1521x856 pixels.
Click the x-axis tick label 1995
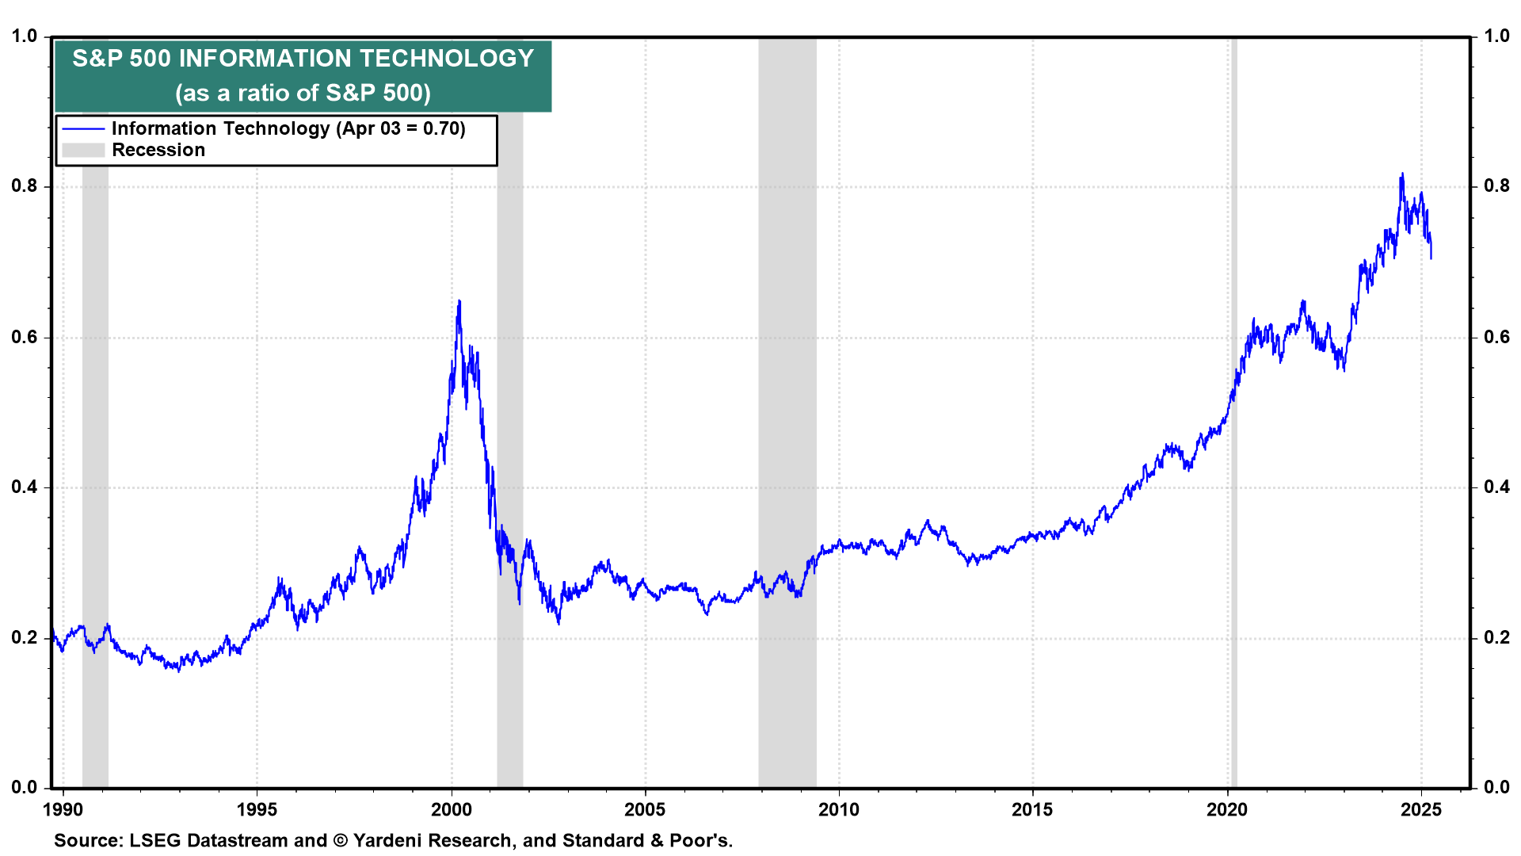[257, 809]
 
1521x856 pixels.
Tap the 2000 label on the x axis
[451, 809]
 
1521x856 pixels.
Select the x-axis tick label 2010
[838, 809]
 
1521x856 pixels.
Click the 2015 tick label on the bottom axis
[1032, 809]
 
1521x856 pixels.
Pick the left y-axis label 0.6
[25, 338]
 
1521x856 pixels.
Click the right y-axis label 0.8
[1496, 186]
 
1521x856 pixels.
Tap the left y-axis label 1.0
[25, 36]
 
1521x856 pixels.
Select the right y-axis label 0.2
[1496, 638]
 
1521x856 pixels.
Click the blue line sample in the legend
[83, 129]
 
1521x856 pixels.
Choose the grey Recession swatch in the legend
[83, 151]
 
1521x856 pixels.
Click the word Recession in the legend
[158, 151]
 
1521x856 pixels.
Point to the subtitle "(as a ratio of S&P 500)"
[303, 94]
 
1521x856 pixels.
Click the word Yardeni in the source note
[394, 840]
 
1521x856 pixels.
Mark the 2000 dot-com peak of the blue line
[459, 302]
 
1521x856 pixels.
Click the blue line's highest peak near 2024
[1402, 174]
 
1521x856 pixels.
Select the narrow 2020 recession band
[1233, 476]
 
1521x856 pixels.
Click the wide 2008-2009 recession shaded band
[787, 396]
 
